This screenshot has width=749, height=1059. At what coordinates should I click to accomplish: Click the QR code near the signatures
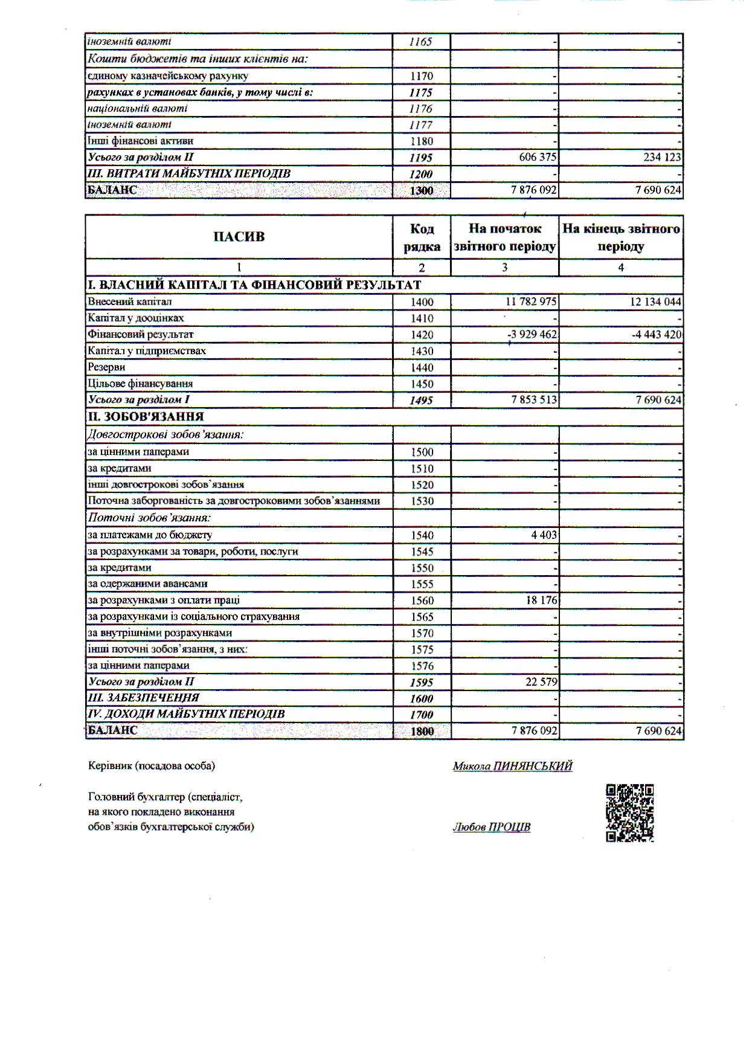pyautogui.click(x=629, y=813)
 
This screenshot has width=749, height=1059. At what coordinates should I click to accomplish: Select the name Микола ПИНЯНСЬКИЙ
pyautogui.click(x=512, y=766)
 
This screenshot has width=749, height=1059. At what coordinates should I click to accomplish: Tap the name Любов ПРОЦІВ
pyautogui.click(x=492, y=827)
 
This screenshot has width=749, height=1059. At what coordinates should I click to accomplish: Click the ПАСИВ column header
pyautogui.click(x=239, y=237)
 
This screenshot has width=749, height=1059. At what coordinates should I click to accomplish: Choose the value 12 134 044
pyautogui.click(x=655, y=301)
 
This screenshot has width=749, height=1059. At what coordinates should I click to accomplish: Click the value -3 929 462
pyautogui.click(x=532, y=334)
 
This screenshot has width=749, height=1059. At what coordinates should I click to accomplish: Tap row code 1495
pyautogui.click(x=422, y=400)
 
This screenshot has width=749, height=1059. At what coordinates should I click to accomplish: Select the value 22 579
pyautogui.click(x=541, y=681)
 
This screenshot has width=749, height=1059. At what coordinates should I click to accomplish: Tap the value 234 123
pyautogui.click(x=661, y=158)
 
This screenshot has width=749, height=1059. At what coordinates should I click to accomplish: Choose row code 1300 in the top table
pyautogui.click(x=422, y=191)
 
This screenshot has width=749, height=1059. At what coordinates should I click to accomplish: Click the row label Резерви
pyautogui.click(x=107, y=367)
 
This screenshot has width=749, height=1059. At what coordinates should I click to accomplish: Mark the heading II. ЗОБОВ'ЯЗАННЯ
pyautogui.click(x=146, y=417)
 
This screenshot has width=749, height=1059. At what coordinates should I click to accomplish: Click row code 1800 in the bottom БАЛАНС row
pyautogui.click(x=422, y=730)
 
